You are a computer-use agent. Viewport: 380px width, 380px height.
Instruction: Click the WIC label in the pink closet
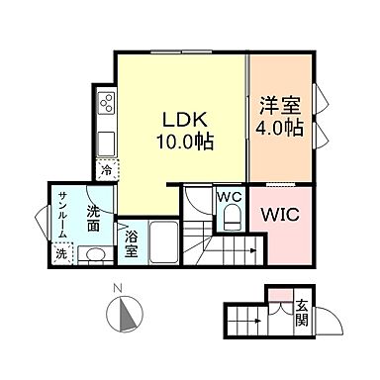(280, 215)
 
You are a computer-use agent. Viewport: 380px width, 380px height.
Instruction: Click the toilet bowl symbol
(231, 220)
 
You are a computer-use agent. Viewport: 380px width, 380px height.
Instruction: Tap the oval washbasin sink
(93, 254)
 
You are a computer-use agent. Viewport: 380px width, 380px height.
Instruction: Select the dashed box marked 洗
(61, 254)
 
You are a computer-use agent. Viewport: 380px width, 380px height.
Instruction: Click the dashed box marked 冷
(106, 169)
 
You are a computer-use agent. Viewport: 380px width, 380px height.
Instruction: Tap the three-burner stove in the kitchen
(106, 103)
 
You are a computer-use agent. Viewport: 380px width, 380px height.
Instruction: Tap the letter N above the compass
(117, 288)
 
